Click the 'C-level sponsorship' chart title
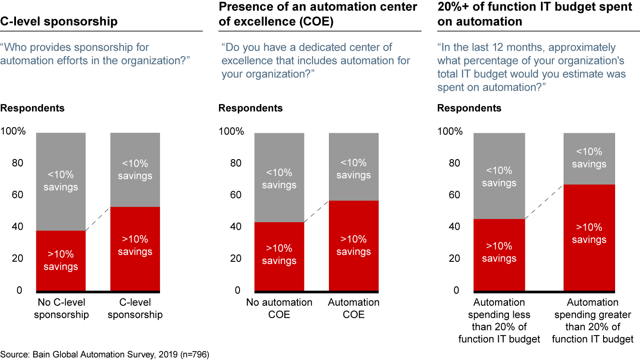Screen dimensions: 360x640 coord(59,21)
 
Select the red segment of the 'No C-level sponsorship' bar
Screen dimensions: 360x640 coord(60,260)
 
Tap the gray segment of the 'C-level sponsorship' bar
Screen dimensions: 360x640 coord(135,170)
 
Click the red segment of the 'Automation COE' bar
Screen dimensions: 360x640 coord(354,245)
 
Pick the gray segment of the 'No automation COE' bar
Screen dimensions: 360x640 coord(279,178)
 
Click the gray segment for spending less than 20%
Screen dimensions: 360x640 coord(499,176)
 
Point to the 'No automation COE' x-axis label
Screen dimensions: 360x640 coord(279,308)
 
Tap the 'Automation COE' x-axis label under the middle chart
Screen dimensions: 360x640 coord(354,308)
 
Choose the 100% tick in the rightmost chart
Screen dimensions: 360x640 coord(450,132)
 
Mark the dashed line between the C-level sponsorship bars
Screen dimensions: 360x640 coord(98,219)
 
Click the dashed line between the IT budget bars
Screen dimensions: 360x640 coord(544,202)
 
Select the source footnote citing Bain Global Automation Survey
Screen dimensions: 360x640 coord(104,355)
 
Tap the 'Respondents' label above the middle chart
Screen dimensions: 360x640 coord(250,108)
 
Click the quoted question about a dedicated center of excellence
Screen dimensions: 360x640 coord(316,60)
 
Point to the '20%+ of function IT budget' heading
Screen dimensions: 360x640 coord(535,14)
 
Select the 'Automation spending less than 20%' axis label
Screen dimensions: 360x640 coord(500,320)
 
